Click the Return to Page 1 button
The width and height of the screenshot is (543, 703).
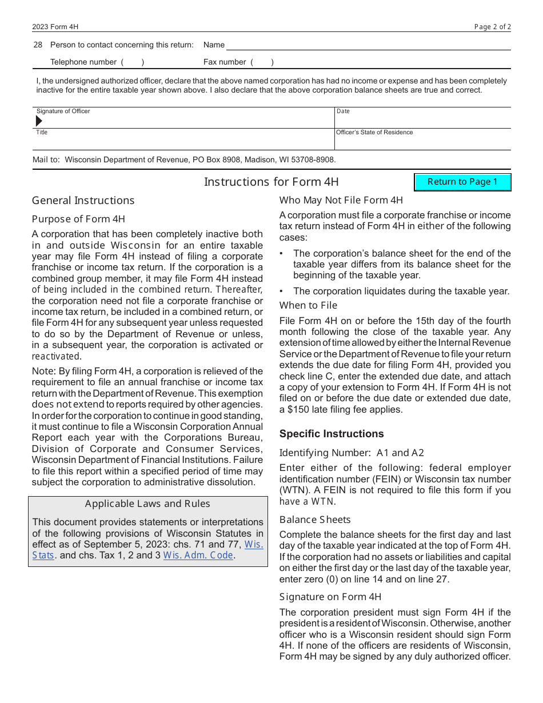tap(462, 182)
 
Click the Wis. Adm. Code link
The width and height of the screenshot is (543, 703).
tap(198, 555)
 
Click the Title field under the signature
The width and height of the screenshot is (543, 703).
tap(183, 141)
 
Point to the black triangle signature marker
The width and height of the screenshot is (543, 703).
tap(39, 121)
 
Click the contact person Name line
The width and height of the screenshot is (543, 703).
tap(368, 45)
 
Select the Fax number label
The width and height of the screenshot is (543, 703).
tap(225, 62)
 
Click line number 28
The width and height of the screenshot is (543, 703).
tap(38, 45)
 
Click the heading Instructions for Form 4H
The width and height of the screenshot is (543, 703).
tap(271, 182)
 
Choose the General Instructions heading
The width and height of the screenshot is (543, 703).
tap(83, 200)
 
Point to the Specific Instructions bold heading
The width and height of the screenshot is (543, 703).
tap(332, 434)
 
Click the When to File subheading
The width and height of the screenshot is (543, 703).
tap(308, 305)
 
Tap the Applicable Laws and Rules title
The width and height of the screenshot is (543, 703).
tap(147, 504)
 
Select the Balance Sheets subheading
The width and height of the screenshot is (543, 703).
tap(315, 520)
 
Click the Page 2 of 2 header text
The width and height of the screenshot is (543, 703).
tap(492, 27)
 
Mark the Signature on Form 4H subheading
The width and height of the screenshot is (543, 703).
tap(330, 597)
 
